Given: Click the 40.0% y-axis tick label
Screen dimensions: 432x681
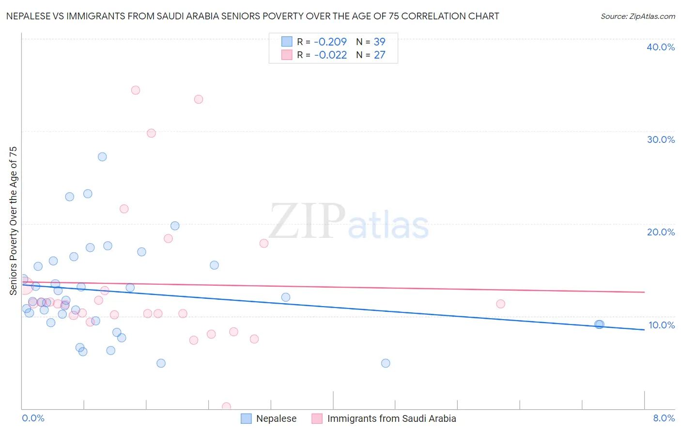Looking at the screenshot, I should click(x=661, y=47).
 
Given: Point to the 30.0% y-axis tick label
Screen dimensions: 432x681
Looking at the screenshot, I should click(x=661, y=139).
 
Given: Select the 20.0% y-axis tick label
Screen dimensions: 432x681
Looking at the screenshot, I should click(x=661, y=232).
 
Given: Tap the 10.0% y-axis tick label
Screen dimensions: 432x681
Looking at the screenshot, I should click(x=662, y=325).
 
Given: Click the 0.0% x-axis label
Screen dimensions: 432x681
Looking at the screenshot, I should click(x=33, y=418).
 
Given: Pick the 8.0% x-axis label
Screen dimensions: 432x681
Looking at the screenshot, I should click(x=664, y=418).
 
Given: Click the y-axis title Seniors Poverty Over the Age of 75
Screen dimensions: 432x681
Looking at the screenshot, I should click(x=13, y=220).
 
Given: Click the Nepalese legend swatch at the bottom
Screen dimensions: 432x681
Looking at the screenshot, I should click(x=247, y=418).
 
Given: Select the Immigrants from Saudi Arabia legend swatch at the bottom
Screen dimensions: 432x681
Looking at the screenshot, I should click(x=317, y=418).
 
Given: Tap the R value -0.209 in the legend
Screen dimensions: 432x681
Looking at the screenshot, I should click(x=330, y=42).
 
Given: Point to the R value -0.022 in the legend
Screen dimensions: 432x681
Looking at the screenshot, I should click(x=330, y=55).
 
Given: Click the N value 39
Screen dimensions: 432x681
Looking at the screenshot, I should click(x=379, y=42).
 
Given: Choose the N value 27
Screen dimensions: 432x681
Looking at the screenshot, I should click(x=379, y=55).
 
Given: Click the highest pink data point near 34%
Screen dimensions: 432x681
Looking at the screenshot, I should click(x=136, y=90).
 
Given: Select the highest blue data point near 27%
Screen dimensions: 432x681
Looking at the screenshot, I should click(x=102, y=157).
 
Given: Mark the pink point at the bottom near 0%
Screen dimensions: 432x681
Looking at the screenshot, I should click(x=226, y=406).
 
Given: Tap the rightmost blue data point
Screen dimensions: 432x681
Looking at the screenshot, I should click(x=600, y=324).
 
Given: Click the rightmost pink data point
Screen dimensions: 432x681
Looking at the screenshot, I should click(x=501, y=304).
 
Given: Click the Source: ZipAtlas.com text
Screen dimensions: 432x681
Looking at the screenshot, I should click(x=637, y=16).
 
